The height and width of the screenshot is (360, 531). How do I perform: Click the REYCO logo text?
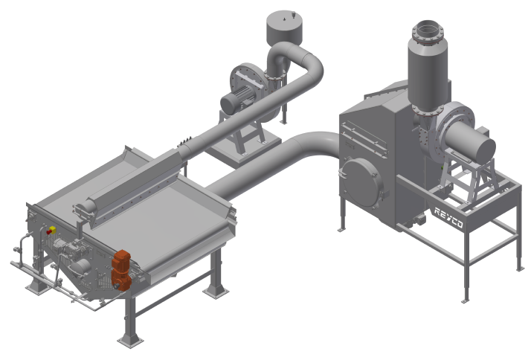[x=448, y=217]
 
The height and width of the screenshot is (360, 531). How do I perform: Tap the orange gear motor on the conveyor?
[x=121, y=270]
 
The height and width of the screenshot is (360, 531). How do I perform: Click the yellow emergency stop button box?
[x=51, y=230]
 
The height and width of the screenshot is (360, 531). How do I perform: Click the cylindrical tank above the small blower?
[x=284, y=27]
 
